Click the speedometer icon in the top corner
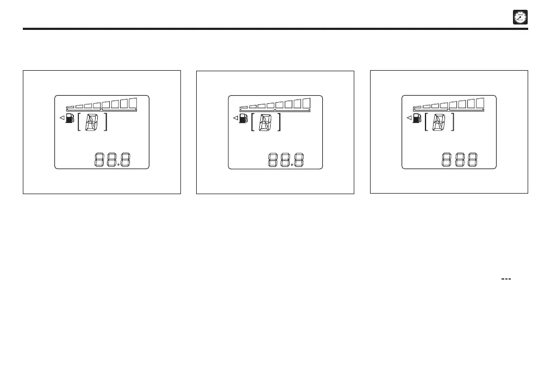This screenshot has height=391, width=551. (x=521, y=17)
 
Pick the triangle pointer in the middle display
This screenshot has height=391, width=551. (x=235, y=117)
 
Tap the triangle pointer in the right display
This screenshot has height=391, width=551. (x=409, y=117)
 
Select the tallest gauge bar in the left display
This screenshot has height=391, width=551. (x=133, y=102)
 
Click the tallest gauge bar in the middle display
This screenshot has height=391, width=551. (x=306, y=102)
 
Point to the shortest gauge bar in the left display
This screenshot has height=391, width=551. (x=70, y=107)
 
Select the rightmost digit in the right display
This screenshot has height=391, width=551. (x=473, y=160)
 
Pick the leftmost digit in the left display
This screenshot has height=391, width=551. (x=101, y=160)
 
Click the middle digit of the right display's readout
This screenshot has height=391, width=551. (x=460, y=160)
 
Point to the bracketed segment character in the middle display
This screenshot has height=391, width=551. (x=265, y=122)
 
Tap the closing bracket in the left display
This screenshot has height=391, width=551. (x=106, y=122)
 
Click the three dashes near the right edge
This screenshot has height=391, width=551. (x=506, y=278)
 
